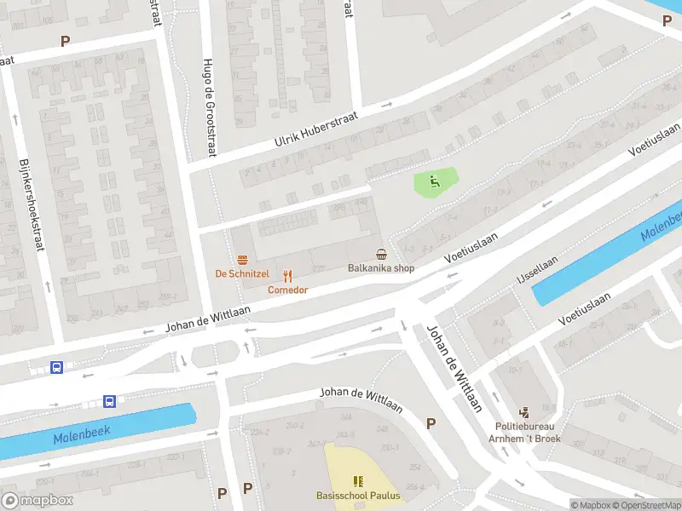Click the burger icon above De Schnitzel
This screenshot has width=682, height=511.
tap(242, 259)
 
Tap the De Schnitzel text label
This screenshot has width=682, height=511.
tap(242, 273)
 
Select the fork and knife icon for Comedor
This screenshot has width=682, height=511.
tap(287, 275)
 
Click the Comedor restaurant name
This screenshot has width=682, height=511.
tap(287, 290)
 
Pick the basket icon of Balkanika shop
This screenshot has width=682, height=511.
tap(381, 254)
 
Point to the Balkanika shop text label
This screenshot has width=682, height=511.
tap(381, 268)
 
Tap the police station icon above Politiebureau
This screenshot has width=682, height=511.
tap(523, 412)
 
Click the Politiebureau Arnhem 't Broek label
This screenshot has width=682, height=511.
tap(523, 433)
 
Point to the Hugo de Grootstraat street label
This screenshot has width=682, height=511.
tap(209, 107)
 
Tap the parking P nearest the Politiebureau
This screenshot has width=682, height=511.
tap(431, 423)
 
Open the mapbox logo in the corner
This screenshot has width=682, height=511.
tap(38, 501)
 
